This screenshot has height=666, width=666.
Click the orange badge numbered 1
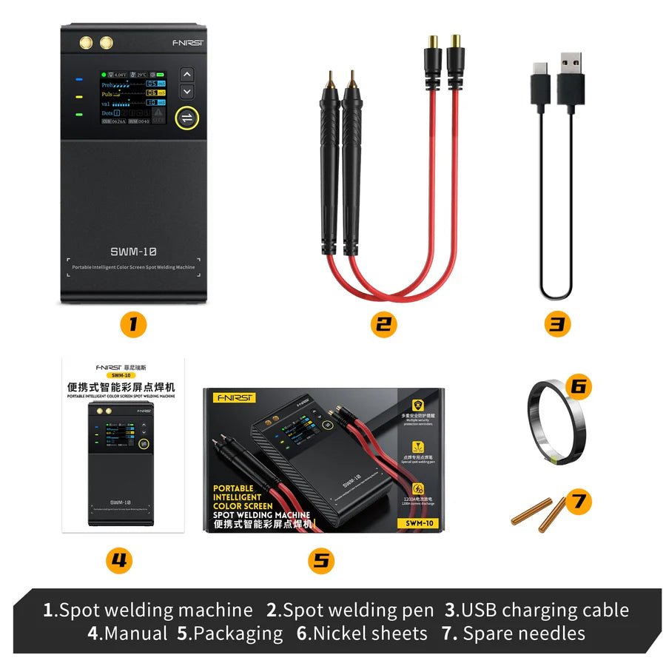click(x=134, y=324)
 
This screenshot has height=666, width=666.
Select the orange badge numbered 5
click(x=320, y=560)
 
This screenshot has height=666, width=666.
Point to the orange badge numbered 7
click(x=579, y=502)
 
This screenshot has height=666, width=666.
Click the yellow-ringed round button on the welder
click(x=187, y=118)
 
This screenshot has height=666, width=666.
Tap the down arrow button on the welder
click(x=187, y=91)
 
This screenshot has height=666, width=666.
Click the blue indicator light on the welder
click(x=78, y=78)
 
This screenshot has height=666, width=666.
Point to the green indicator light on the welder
click(x=78, y=115)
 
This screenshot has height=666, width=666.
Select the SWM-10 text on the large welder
click(x=133, y=252)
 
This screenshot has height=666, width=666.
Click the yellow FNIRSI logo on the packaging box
click(x=234, y=398)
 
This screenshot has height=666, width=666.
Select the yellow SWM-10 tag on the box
click(x=417, y=523)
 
